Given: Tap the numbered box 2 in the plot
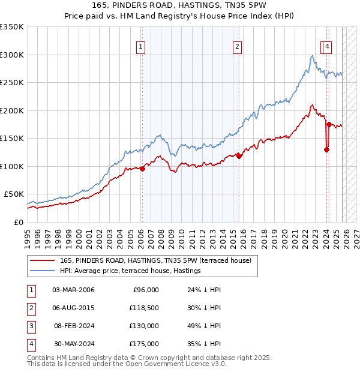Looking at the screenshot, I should click(x=238, y=46).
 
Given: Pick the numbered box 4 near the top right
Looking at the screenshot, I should click(x=328, y=46).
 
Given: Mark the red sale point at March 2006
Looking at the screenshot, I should click(x=142, y=169).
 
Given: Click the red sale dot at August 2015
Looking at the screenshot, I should click(x=239, y=156).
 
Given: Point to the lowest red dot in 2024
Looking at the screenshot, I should click(x=326, y=150).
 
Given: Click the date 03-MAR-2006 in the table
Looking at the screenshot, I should click(x=73, y=290).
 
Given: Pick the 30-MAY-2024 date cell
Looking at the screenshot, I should click(x=73, y=344).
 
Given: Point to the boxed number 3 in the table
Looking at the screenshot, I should click(x=31, y=326).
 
